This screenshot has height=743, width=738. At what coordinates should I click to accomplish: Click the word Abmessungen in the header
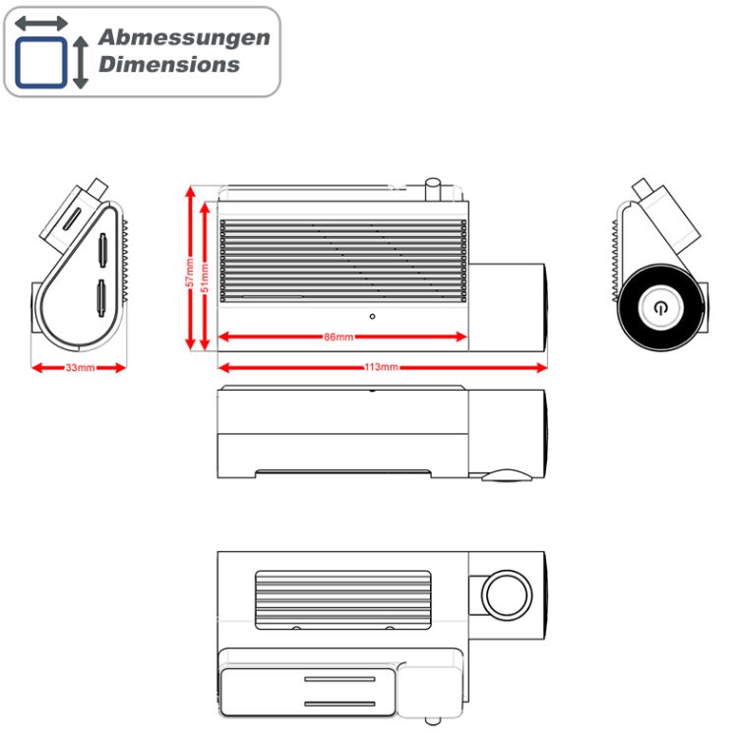coord(184,38)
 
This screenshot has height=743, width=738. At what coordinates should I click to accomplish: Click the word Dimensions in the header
coord(169,64)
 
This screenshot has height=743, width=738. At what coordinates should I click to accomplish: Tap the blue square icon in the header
coord(41,63)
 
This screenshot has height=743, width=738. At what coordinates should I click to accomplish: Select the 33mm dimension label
coord(80,367)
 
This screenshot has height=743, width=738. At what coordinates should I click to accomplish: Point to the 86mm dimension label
coord(338,337)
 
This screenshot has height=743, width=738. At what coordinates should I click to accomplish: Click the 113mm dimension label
coord(382,367)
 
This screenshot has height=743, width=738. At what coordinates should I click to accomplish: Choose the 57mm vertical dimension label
coord(190,273)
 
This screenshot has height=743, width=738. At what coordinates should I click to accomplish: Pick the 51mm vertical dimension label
coord(205,279)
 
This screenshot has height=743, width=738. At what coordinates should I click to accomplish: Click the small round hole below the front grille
coord(372,316)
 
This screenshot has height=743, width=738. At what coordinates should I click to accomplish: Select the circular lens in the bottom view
coord(507,594)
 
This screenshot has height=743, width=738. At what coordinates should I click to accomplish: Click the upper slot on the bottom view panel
coord(339,679)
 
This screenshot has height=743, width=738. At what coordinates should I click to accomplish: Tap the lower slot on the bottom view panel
coord(339,704)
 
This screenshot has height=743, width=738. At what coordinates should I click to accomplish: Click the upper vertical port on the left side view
coord(102,249)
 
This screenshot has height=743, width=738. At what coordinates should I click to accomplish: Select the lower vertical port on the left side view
coord(101,298)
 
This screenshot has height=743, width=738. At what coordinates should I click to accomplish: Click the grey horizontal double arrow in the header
coord(41,23)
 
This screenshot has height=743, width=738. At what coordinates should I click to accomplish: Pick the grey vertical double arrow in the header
coord(81,62)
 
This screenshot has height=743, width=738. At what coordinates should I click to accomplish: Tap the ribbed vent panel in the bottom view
coord(343,600)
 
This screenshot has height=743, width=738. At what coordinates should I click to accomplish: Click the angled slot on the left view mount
coord(72,217)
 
